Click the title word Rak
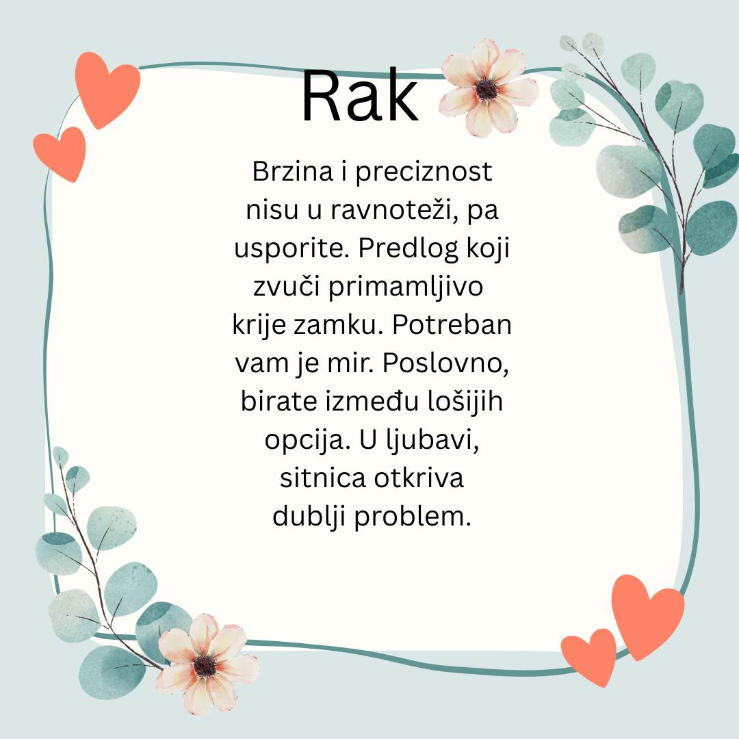click(x=360, y=96)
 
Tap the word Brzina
click(x=293, y=171)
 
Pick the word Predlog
click(x=409, y=248)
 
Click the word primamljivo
click(x=406, y=287)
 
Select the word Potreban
click(x=452, y=325)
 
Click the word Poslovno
click(x=445, y=363)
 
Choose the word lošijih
click(x=465, y=402)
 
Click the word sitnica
click(x=323, y=478)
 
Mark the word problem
click(x=413, y=517)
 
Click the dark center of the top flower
click(x=486, y=89)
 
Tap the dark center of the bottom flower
click(x=205, y=666)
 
